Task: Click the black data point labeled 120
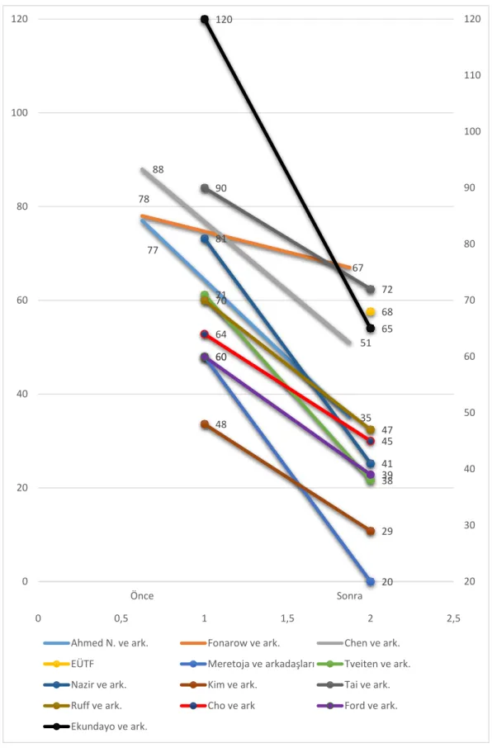click(205, 20)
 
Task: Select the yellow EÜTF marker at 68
click(371, 312)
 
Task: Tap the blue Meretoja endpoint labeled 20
click(371, 581)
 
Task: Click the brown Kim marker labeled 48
click(205, 424)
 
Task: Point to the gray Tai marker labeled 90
click(205, 188)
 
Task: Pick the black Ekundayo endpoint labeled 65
click(371, 329)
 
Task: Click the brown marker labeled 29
click(371, 531)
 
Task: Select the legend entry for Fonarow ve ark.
click(230, 643)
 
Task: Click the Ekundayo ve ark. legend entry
click(96, 727)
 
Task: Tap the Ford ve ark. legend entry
click(357, 706)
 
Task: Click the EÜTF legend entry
click(69, 664)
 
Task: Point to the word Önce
click(142, 596)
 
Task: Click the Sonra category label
click(349, 596)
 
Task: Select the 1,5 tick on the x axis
click(287, 618)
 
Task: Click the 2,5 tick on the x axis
click(453, 618)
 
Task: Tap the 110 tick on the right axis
click(472, 75)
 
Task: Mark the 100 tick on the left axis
click(20, 113)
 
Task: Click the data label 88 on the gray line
click(158, 170)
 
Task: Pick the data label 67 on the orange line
click(358, 268)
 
